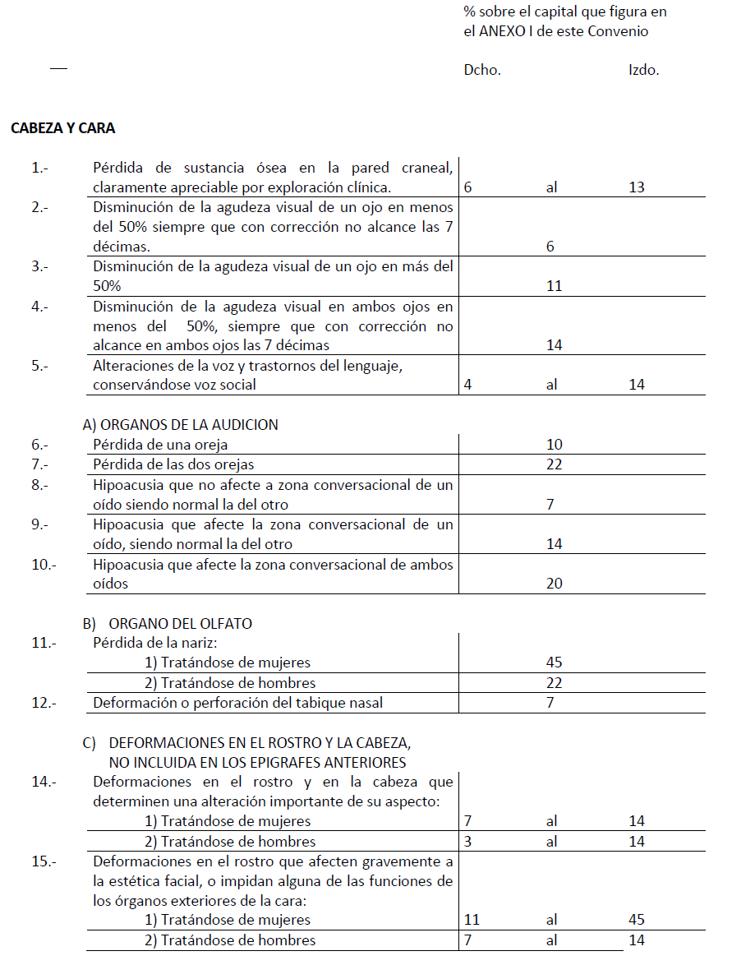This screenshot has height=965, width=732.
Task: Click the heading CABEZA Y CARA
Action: click(63, 128)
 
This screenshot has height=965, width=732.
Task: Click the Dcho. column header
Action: click(482, 70)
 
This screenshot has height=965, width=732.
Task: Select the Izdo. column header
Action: click(643, 70)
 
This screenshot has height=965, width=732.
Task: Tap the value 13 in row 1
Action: click(637, 187)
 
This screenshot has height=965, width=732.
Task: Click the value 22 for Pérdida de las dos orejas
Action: click(554, 464)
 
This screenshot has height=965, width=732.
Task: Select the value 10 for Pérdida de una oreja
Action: click(554, 445)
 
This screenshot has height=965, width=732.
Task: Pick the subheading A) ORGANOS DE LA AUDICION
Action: click(181, 425)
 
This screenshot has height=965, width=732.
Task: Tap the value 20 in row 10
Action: click(554, 583)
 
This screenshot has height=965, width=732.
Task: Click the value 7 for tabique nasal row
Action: click(550, 703)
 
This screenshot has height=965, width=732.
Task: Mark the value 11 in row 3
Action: click(554, 286)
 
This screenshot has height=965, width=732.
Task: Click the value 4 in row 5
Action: click(468, 385)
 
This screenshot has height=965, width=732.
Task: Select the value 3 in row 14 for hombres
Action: click(468, 841)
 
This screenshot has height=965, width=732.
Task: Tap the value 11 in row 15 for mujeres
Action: click(472, 920)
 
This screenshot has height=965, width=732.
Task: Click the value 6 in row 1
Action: click(468, 187)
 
